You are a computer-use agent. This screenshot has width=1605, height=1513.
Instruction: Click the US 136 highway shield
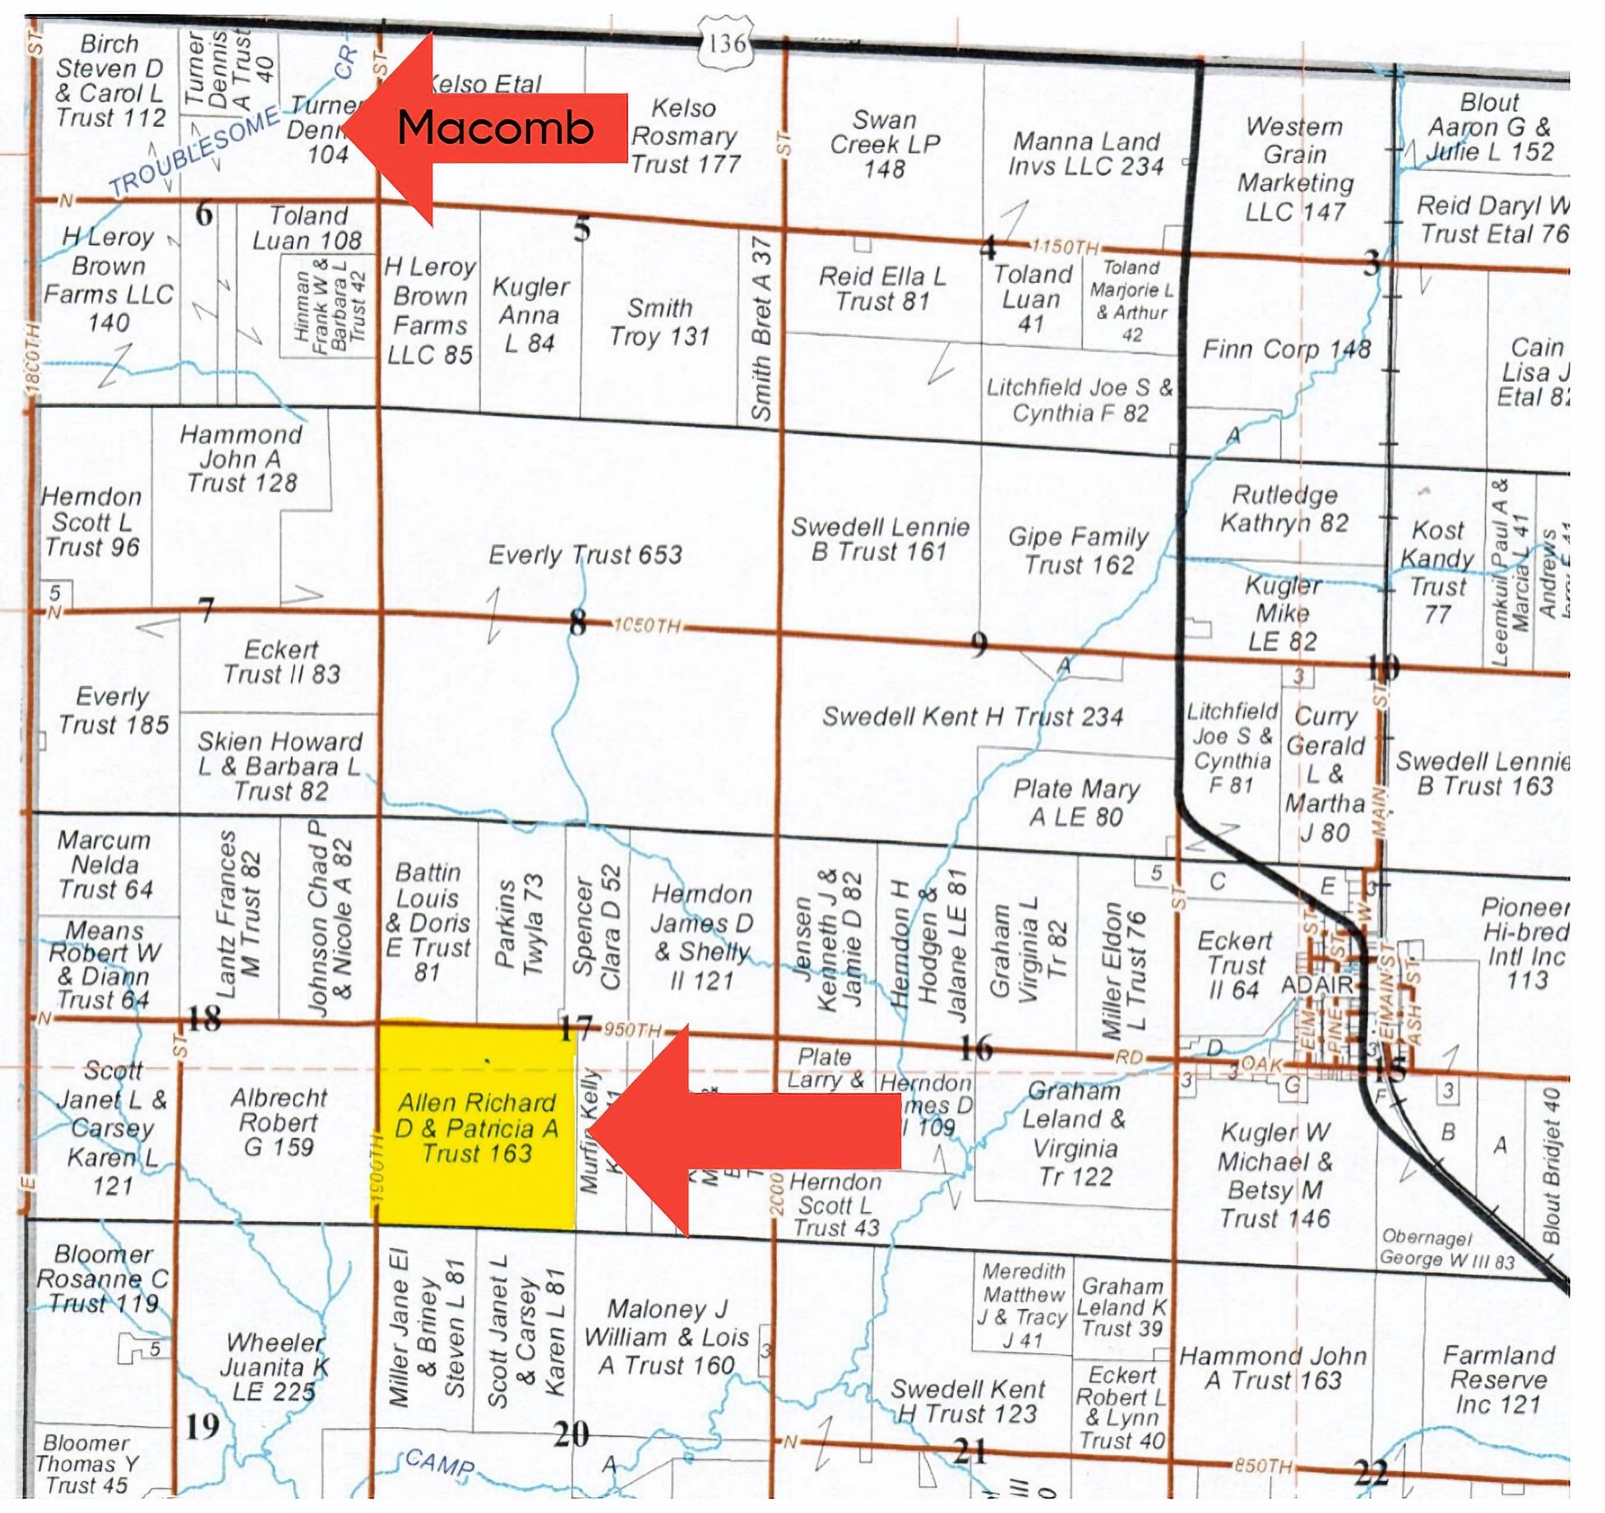(x=727, y=44)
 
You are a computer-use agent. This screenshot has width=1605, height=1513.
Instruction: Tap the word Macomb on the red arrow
(x=495, y=128)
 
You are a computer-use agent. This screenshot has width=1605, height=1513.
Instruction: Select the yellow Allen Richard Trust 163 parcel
(x=476, y=1127)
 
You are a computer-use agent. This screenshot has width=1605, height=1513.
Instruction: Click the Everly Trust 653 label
(x=585, y=555)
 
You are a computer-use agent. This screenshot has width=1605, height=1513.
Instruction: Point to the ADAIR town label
(x=1316, y=984)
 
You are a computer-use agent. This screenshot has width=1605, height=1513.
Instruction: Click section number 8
(x=578, y=623)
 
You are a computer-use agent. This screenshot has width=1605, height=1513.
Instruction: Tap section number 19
(x=202, y=1425)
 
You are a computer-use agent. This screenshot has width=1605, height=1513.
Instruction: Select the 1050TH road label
(x=647, y=626)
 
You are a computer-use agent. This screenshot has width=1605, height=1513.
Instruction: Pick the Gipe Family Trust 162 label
(x=1078, y=551)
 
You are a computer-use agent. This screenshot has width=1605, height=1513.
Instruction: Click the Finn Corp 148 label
(x=1286, y=349)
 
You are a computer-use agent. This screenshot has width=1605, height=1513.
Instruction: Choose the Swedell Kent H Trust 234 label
(x=973, y=717)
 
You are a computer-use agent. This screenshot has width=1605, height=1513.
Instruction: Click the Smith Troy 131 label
(x=659, y=322)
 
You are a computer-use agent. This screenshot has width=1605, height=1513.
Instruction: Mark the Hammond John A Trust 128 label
(x=242, y=459)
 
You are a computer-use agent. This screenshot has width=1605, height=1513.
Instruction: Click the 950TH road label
(x=632, y=1029)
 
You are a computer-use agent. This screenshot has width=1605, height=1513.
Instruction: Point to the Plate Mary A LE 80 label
(x=1075, y=803)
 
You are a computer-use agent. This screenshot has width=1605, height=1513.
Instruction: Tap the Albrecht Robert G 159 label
(x=278, y=1122)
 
